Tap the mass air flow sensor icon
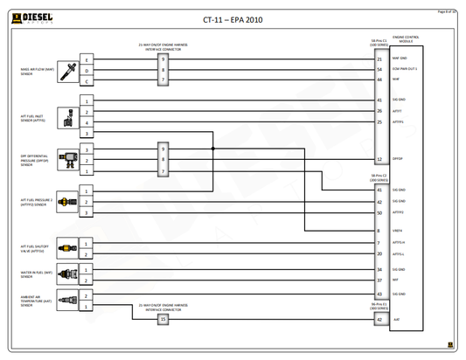[x=66, y=72]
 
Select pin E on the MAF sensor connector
[x=87, y=59]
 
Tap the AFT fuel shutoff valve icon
[x=66, y=248]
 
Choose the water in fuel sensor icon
[x=66, y=275]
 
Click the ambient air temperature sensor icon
[x=66, y=300]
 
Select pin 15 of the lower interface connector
[x=163, y=320]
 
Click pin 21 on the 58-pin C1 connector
[x=379, y=59]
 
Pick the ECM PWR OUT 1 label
[x=405, y=69]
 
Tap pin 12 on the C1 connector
[x=379, y=160]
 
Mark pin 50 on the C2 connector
[x=379, y=212]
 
